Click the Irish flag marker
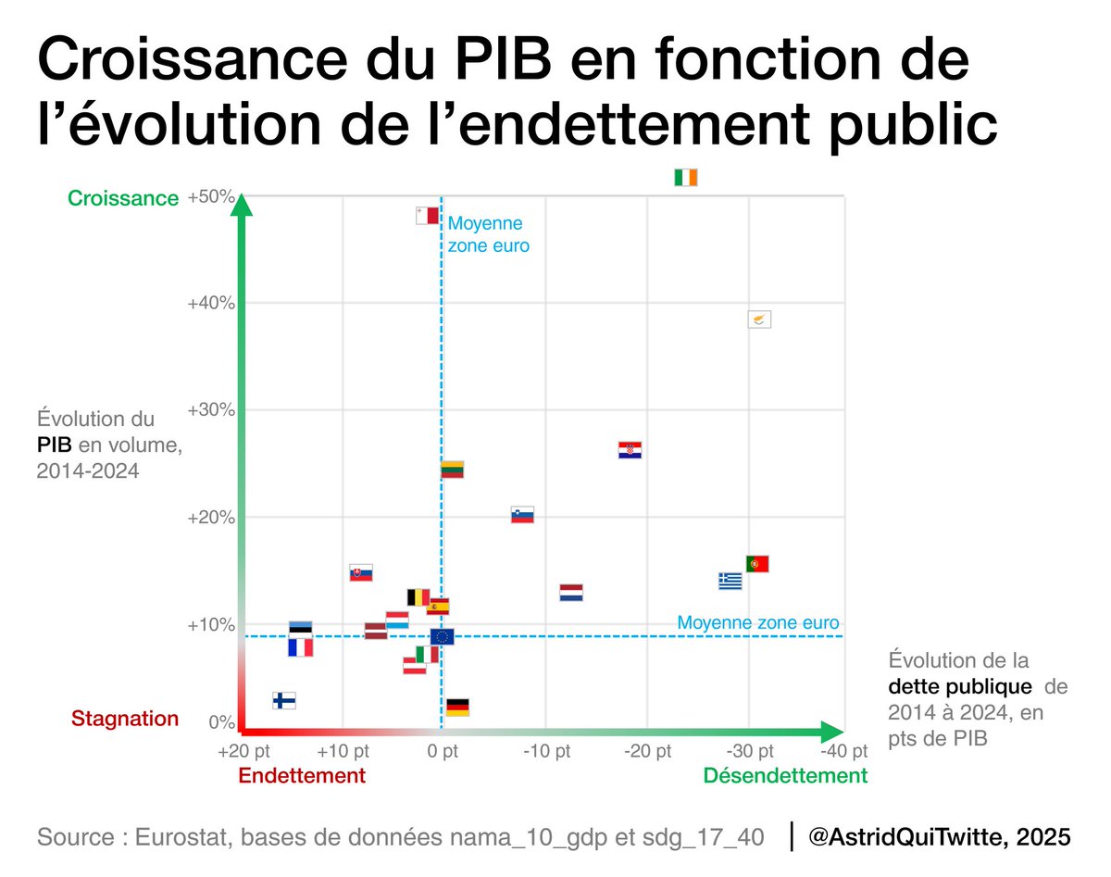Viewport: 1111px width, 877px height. (685, 178)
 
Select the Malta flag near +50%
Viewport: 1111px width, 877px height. (427, 216)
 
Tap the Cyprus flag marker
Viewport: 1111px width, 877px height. (759, 319)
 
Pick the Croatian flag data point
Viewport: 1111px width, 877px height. (630, 450)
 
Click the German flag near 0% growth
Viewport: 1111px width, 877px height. (457, 708)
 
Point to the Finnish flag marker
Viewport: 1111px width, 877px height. (284, 700)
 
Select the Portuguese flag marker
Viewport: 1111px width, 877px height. (757, 563)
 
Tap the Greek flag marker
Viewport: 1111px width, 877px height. (730, 581)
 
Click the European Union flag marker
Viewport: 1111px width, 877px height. (442, 636)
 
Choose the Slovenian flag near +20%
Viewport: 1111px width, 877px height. (522, 515)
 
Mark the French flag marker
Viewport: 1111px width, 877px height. (300, 647)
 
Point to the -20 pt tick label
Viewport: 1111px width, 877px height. (648, 751)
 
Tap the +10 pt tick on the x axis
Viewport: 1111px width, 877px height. (343, 751)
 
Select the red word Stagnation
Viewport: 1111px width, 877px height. (125, 719)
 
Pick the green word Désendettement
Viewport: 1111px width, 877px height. (785, 776)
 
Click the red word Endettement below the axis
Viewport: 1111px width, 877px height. (302, 776)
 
